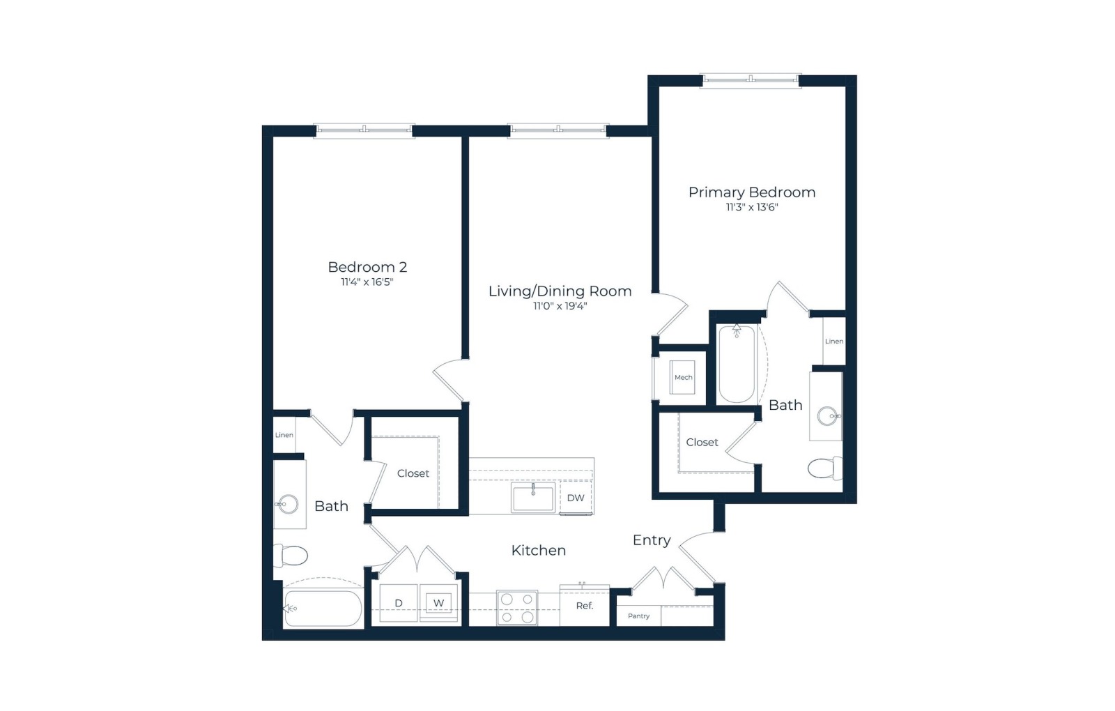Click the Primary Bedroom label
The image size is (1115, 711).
point(752,192)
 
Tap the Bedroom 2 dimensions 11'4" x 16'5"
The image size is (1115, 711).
point(367,282)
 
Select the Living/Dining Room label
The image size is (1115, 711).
point(560,291)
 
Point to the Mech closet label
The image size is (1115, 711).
point(684,377)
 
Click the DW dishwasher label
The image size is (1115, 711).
point(576,498)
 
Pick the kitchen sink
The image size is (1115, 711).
point(533,497)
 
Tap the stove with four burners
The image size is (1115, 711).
point(517,608)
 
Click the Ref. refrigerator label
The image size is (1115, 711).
point(585,606)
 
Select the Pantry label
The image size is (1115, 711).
point(638,616)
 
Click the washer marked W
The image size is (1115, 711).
point(438,604)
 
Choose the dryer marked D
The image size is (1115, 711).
point(399,603)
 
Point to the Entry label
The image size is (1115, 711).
point(652,540)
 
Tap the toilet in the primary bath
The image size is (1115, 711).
point(825,468)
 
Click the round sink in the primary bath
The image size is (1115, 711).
point(828,416)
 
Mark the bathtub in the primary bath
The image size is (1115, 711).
point(737,363)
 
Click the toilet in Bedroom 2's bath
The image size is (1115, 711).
point(291,555)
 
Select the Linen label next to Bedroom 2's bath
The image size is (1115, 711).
point(284,435)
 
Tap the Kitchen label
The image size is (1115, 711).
point(539,551)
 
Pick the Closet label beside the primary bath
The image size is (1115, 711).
point(702,442)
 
